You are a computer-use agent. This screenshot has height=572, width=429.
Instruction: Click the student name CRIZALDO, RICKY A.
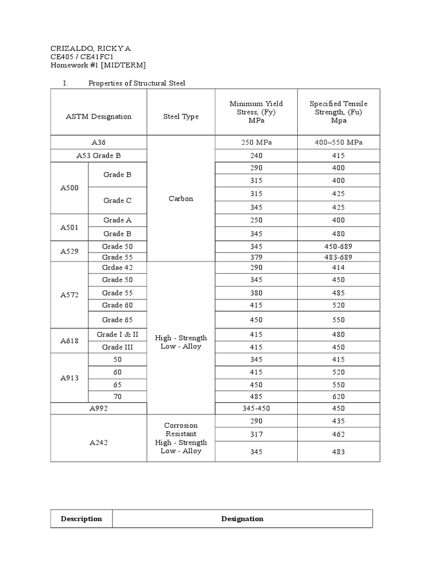click(x=92, y=48)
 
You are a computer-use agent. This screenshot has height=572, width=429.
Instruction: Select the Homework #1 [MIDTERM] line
click(x=98, y=65)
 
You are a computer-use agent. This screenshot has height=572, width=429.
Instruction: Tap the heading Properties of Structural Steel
click(x=137, y=83)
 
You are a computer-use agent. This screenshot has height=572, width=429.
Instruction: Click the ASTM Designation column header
click(x=99, y=117)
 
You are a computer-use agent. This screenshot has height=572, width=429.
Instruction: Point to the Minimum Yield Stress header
click(x=256, y=112)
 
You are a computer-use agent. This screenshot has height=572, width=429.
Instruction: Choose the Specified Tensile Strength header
click(x=339, y=112)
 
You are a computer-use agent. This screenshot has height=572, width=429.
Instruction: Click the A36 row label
click(x=99, y=142)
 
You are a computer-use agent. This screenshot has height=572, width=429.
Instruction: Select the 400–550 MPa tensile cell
click(x=339, y=142)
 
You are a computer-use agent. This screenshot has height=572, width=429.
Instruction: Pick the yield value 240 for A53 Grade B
click(x=256, y=156)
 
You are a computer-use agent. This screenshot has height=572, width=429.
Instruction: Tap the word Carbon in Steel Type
click(x=180, y=198)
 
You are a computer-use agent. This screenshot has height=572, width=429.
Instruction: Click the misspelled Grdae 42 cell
click(x=117, y=268)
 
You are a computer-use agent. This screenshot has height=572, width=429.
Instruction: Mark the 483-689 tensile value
click(x=339, y=258)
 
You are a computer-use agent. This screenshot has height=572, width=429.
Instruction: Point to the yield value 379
click(x=256, y=258)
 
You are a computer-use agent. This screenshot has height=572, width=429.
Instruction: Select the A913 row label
click(x=69, y=378)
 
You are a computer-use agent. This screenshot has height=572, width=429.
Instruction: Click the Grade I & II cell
click(x=117, y=335)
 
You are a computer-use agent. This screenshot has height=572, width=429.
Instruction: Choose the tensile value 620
click(x=339, y=397)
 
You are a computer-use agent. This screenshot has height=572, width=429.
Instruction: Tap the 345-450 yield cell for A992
click(x=256, y=408)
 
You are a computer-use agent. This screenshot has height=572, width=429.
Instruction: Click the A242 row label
click(x=99, y=442)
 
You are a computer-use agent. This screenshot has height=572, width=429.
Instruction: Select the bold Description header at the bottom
click(x=82, y=518)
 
